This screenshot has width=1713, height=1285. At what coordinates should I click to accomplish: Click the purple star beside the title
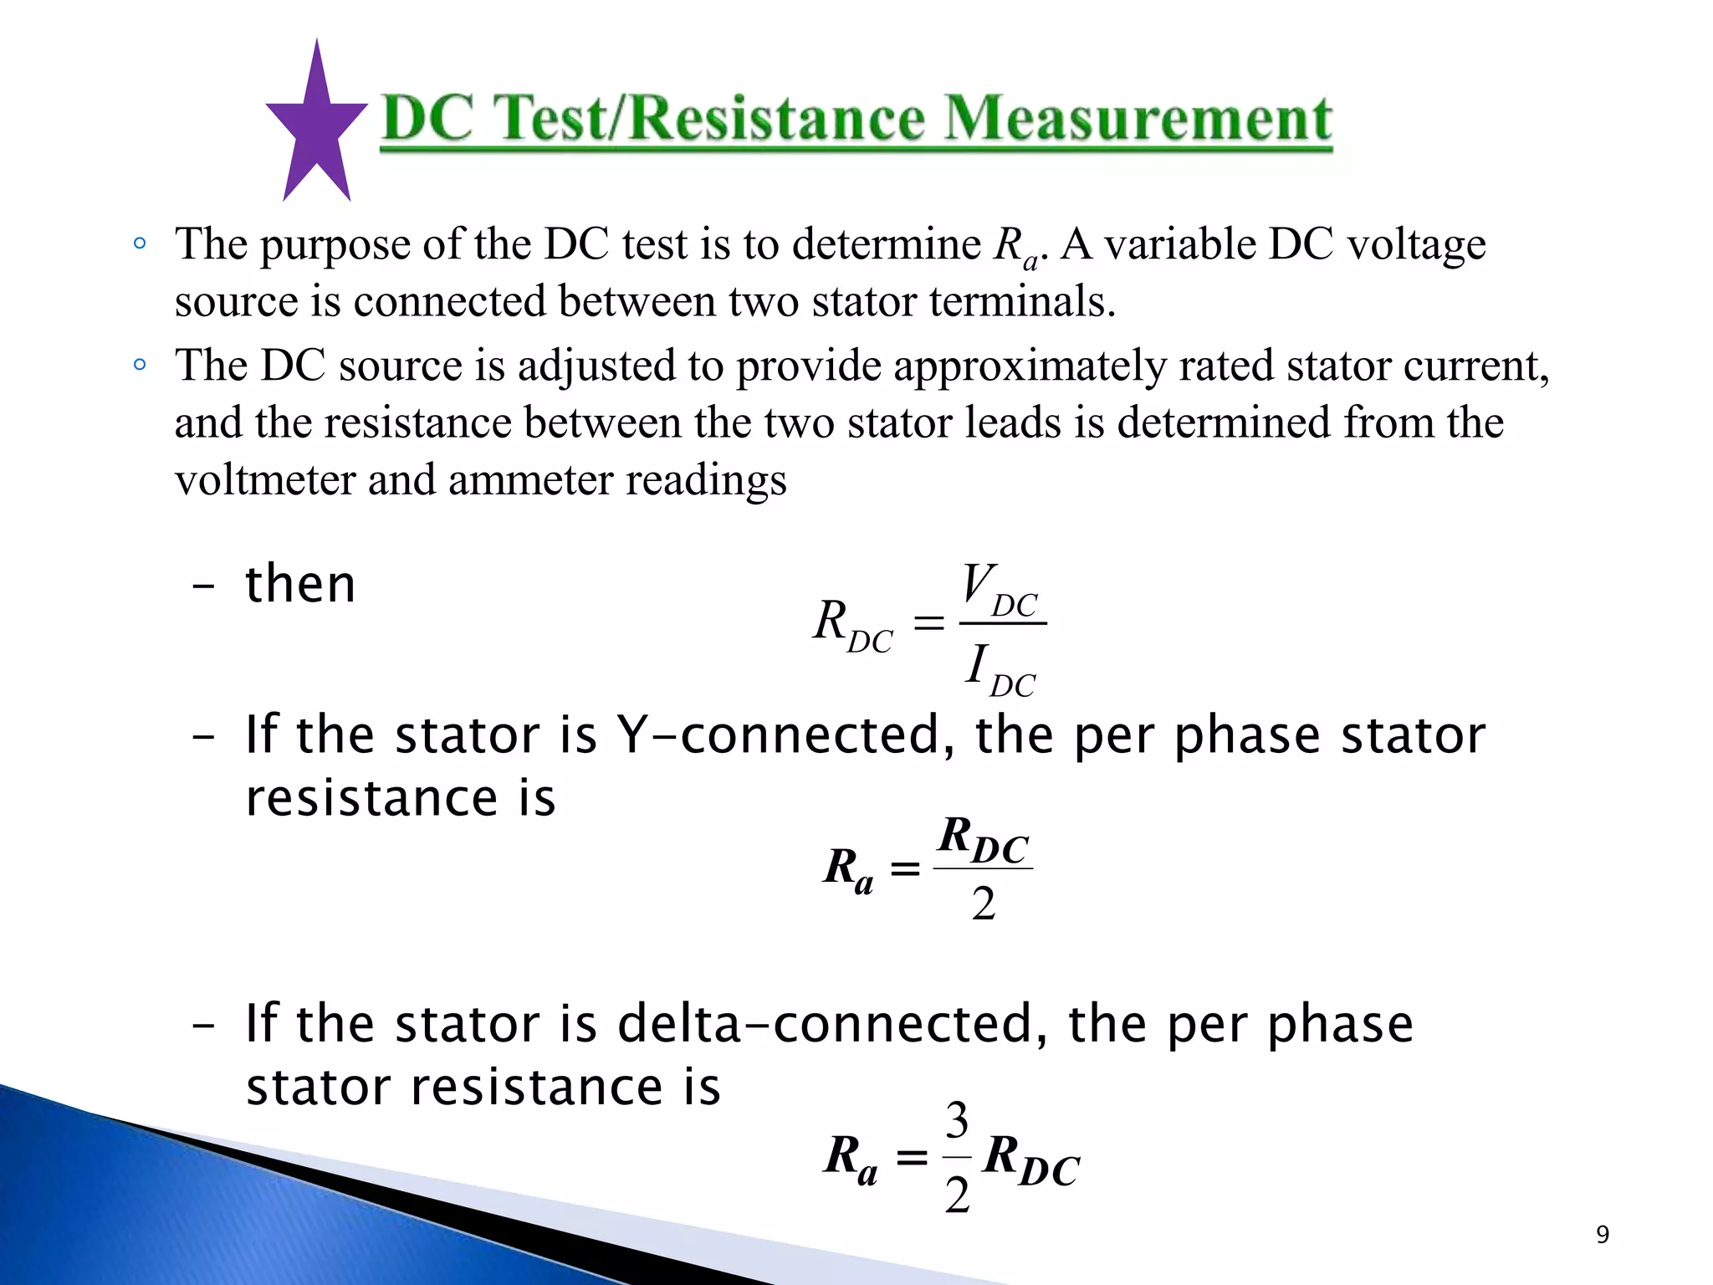point(316,125)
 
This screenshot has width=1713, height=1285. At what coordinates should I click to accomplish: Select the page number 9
point(1602,1234)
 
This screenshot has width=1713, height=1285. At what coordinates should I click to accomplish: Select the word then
point(300,584)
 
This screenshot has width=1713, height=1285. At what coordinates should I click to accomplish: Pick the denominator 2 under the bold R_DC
point(984,904)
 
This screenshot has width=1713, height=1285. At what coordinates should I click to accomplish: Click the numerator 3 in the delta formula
point(957,1120)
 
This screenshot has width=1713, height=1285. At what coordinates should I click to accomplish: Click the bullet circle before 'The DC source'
point(140,365)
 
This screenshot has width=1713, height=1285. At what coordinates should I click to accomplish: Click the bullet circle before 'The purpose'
point(140,244)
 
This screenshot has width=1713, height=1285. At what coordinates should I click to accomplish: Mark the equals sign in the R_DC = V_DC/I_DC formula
point(928,623)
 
